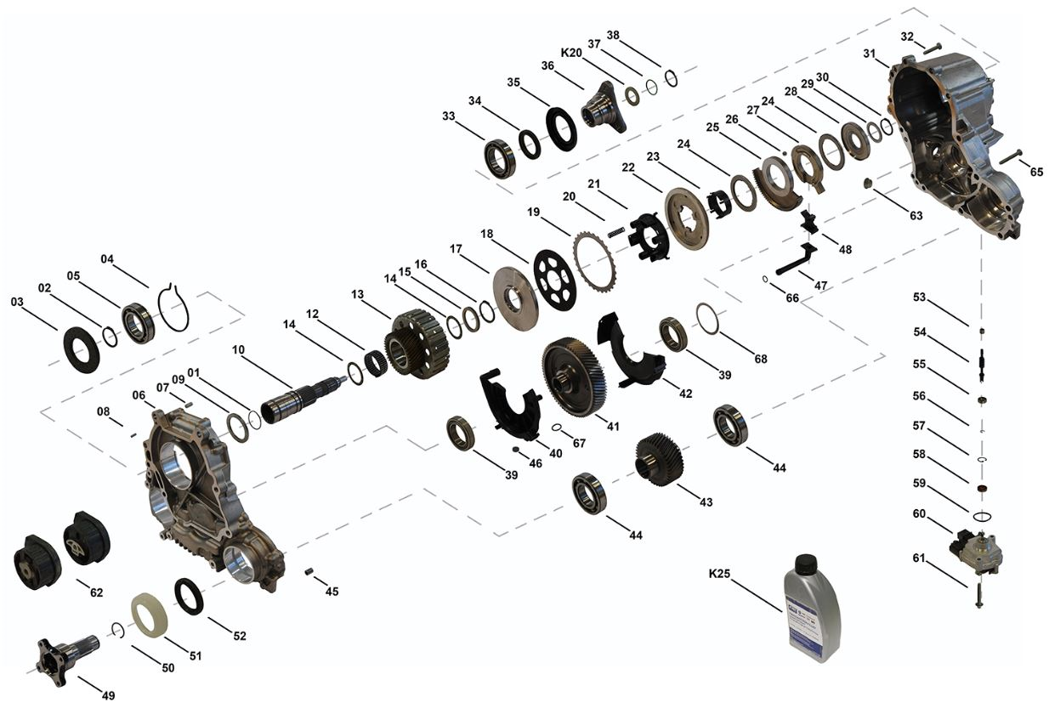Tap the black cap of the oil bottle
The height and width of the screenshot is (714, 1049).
click(804, 563)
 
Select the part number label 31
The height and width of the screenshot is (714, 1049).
click(869, 54)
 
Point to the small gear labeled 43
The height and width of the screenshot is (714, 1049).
click(659, 459)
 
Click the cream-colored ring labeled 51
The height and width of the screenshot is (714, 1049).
click(150, 615)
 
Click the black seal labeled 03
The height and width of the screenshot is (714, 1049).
click(82, 349)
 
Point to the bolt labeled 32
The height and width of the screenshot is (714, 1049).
click(932, 48)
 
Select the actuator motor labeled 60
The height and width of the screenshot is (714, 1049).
click(978, 552)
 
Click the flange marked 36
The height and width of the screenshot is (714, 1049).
click(603, 108)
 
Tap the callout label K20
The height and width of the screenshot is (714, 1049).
click(571, 52)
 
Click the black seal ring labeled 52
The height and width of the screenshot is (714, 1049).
click(189, 596)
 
